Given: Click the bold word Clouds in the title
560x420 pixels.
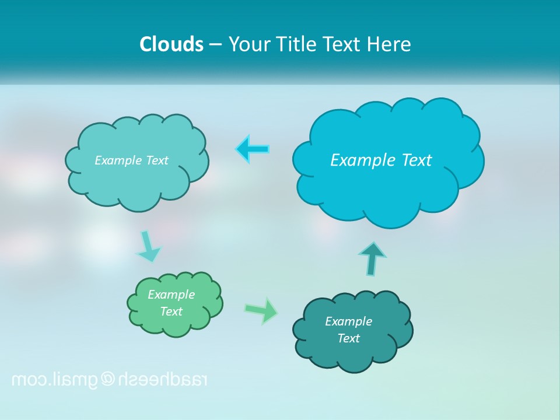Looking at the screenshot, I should click(171, 44).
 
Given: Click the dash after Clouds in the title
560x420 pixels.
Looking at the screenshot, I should click(215, 45).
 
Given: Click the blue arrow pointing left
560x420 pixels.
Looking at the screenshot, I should click(253, 149).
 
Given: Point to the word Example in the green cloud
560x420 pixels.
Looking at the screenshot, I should click(171, 295).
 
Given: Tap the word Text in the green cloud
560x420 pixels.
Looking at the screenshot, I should click(171, 311).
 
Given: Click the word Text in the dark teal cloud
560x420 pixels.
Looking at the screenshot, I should click(348, 338).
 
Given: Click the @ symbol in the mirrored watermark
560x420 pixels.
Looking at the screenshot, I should click(108, 379).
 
